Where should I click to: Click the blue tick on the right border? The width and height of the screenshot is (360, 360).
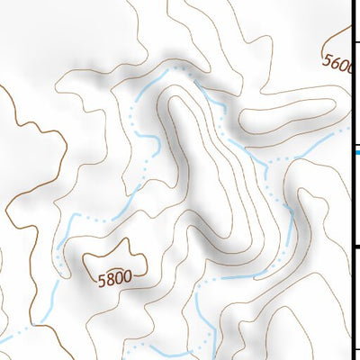[x=355, y=152]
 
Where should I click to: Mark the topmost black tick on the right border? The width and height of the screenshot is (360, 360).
[x=355, y=42]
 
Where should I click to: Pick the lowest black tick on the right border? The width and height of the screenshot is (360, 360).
[x=355, y=351]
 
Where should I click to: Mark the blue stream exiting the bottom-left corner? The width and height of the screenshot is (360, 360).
[x=11, y=337]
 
